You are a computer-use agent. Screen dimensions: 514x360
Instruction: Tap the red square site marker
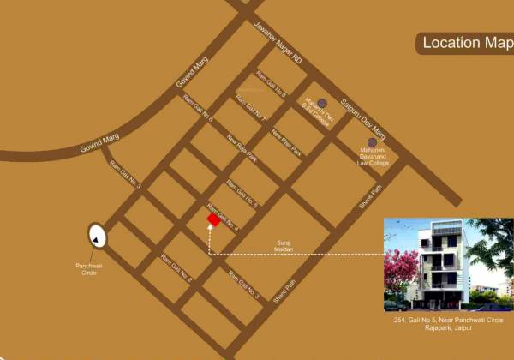tap(213, 220)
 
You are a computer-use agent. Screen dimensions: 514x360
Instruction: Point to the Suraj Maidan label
tap(284, 245)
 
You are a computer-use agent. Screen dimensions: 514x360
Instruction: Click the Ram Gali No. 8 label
tap(272, 84)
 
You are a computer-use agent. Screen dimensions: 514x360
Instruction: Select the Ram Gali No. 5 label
tap(242, 193)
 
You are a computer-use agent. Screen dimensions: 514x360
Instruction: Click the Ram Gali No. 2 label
tap(176, 268)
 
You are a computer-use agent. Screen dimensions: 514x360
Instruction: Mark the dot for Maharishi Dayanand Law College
tap(372, 142)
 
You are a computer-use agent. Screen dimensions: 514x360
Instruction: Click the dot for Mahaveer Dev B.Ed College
tap(322, 103)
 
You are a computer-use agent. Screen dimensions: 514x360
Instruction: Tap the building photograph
tap(448, 264)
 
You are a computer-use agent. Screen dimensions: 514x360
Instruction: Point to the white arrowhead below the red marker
tap(210, 231)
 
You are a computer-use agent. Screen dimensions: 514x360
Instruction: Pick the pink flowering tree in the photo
tap(403, 270)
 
